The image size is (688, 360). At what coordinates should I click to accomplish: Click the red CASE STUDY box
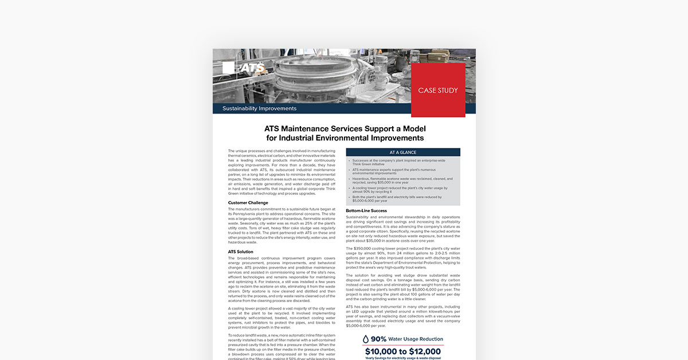pyautogui.click(x=438, y=90)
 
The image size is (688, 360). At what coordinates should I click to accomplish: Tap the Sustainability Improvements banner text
pyautogui.click(x=259, y=108)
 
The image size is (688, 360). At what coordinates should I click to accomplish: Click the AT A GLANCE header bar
pyautogui.click(x=403, y=152)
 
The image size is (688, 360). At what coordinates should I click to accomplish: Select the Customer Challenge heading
pyautogui.click(x=248, y=202)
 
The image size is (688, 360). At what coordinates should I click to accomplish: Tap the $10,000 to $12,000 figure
pyautogui.click(x=403, y=351)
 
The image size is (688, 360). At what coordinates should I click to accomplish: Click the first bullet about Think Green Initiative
pyautogui.click(x=396, y=162)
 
